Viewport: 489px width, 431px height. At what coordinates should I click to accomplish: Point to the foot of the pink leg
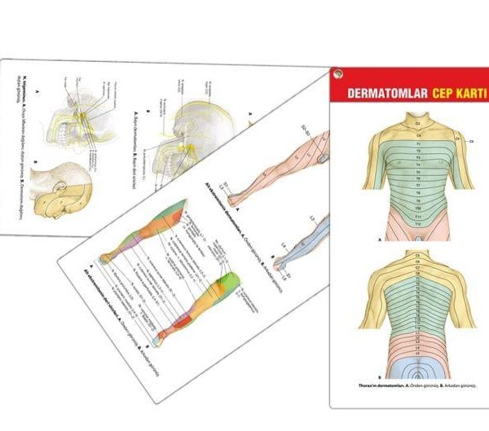(x=236, y=194)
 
